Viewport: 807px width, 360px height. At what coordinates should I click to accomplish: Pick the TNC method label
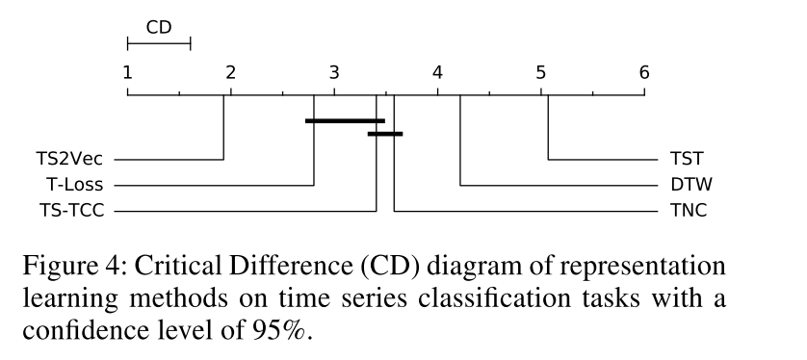point(689,210)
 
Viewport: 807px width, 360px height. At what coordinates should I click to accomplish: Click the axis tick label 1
point(127,72)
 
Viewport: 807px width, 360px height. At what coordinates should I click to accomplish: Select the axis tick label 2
point(230,72)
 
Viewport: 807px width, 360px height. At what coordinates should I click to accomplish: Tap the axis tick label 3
point(334,72)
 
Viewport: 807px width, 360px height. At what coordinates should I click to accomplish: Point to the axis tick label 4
point(437,72)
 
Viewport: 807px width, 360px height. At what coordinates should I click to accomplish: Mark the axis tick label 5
point(540,72)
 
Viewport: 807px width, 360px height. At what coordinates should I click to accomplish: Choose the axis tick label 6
point(644,72)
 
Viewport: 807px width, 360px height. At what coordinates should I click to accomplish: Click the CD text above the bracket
point(159,27)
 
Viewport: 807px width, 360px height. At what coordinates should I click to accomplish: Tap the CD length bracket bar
point(159,42)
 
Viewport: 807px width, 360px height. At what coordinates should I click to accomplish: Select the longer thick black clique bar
point(345,120)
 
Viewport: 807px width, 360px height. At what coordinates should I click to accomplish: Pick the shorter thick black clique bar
point(385,133)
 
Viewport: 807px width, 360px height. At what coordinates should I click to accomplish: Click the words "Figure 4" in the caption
point(67,266)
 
